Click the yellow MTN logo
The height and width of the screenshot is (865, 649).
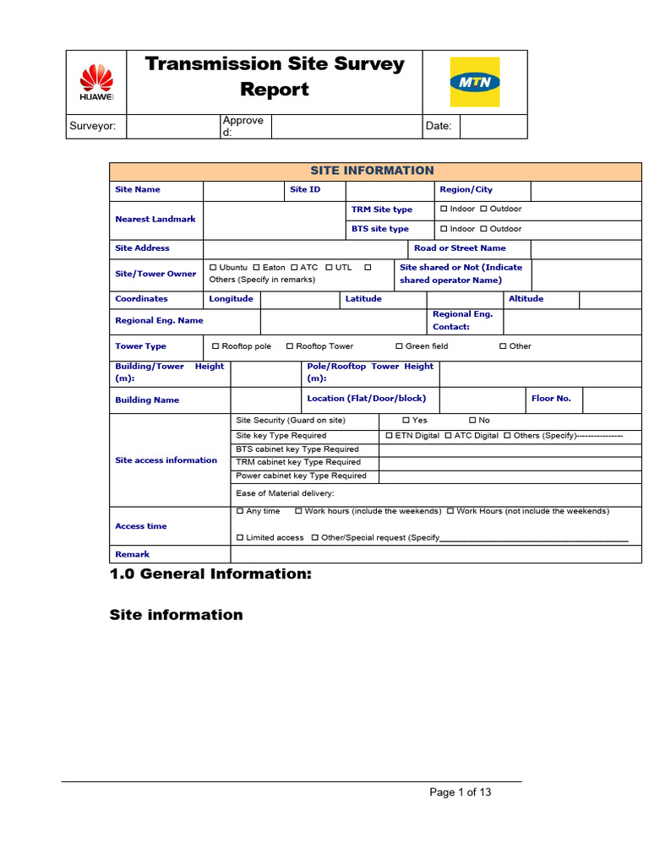click(x=474, y=82)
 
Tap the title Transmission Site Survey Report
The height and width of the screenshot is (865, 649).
click(x=275, y=77)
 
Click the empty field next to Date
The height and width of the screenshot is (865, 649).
click(x=493, y=126)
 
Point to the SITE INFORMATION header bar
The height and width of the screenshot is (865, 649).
click(x=372, y=171)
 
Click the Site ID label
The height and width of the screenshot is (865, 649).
click(x=305, y=190)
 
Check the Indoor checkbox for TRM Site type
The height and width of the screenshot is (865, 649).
click(x=444, y=209)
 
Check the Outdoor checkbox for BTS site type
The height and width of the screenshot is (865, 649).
click(x=484, y=229)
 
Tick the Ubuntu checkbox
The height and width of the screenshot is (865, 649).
click(x=214, y=268)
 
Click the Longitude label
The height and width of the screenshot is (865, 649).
click(x=231, y=299)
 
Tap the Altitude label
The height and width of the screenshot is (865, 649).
click(x=526, y=299)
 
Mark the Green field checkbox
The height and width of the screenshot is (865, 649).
click(x=400, y=346)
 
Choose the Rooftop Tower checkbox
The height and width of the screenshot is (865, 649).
click(x=290, y=346)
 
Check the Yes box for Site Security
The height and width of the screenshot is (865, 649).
click(x=406, y=421)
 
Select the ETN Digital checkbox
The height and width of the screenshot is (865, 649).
click(x=389, y=436)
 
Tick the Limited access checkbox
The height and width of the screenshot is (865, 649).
click(x=240, y=538)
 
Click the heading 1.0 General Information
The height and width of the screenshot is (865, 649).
click(x=210, y=574)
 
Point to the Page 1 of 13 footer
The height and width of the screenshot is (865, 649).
click(x=460, y=792)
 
